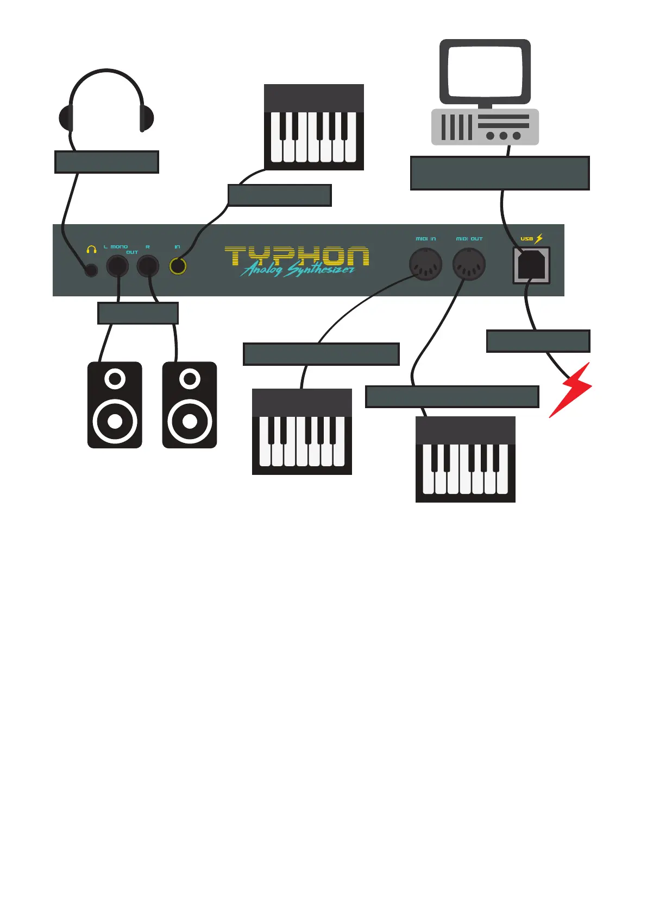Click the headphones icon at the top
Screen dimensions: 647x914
coord(106,103)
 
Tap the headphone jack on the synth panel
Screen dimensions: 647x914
coord(91,269)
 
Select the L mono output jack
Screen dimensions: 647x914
coord(117,266)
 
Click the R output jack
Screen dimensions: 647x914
coord(148,266)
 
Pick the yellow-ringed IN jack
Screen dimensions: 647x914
coord(178,266)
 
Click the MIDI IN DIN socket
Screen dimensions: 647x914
coord(425,264)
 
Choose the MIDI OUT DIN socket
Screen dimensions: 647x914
coord(469,264)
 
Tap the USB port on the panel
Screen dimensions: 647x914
coord(531,265)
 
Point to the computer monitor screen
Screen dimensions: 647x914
coord(485,71)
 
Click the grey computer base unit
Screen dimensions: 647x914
coord(485,127)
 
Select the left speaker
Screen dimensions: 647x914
coord(115,405)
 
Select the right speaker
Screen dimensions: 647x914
coord(190,405)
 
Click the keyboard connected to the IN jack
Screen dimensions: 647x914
coord(314,128)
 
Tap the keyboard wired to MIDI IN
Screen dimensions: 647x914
coord(302,432)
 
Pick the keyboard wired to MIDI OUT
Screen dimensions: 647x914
coord(466,460)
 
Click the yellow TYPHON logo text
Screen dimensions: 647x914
coord(297,255)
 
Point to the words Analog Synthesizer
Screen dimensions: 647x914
coord(298,269)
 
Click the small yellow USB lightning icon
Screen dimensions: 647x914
coord(539,238)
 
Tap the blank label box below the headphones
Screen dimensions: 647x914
coord(106,162)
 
